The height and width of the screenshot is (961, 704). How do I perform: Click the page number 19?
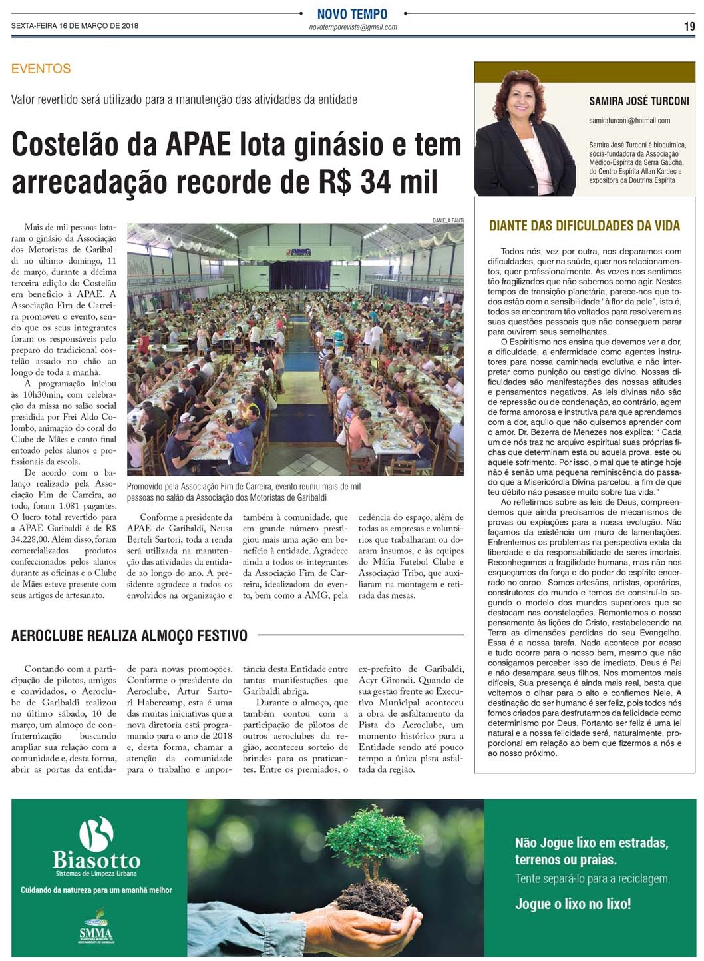coord(689,26)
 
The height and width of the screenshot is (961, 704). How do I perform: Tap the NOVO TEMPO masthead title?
coord(352,14)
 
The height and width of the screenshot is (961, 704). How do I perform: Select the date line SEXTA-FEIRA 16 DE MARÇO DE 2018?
coord(75,26)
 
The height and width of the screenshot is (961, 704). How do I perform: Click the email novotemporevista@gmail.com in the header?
coord(353,27)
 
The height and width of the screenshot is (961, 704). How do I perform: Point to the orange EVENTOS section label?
coord(41,69)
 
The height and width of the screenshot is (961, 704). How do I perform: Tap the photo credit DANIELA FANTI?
coord(448,220)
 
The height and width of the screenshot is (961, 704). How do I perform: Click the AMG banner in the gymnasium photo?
coord(300,252)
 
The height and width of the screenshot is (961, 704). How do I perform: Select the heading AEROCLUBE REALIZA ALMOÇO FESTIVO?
coord(129,636)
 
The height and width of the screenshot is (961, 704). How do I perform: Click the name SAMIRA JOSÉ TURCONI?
coord(639,101)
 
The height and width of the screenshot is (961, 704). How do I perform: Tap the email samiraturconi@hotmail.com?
coord(629,121)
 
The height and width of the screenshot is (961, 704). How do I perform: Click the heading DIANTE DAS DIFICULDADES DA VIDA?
coord(584,226)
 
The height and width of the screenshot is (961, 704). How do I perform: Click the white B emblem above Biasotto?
coord(96,834)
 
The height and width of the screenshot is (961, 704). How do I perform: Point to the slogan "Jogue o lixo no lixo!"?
coord(573,904)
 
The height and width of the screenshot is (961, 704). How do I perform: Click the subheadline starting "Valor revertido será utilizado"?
coord(184,100)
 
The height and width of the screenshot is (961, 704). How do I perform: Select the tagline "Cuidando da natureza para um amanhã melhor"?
coord(96,890)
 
